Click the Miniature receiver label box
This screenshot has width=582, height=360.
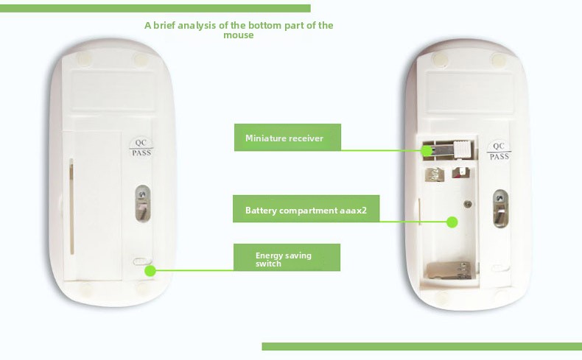[x=287, y=138]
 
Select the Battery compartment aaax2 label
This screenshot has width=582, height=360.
[x=306, y=209]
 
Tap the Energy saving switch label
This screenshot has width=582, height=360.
[x=287, y=258]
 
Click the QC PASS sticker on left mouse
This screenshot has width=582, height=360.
[x=141, y=147]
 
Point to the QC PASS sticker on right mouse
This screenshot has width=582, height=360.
[x=499, y=151]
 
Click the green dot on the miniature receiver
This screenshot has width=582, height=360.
[x=427, y=151]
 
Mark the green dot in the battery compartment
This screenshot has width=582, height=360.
[x=452, y=222]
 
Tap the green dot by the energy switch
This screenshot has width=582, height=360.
[x=150, y=271]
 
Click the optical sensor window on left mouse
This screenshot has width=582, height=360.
[x=142, y=203]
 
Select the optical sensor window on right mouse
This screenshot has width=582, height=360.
[x=500, y=208]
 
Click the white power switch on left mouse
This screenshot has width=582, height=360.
[x=142, y=261]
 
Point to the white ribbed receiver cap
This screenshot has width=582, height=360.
[x=463, y=149]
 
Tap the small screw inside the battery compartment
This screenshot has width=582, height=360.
[x=468, y=203]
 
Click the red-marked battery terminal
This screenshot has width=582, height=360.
[x=460, y=172]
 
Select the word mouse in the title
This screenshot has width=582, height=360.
[x=239, y=35]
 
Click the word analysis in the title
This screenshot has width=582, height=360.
[x=197, y=26]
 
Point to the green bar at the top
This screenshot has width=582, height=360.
[x=155, y=8]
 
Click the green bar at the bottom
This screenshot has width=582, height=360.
[x=422, y=346]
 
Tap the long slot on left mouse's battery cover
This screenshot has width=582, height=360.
[x=71, y=207]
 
